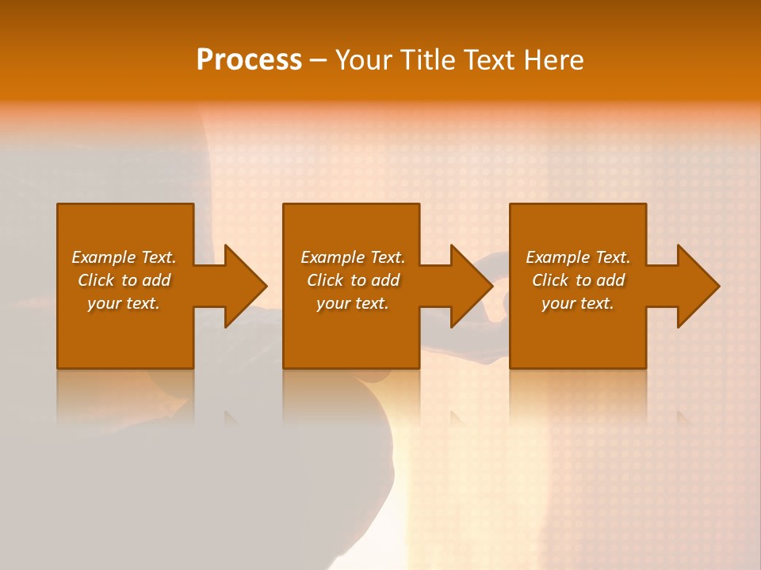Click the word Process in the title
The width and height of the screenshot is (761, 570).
(249, 60)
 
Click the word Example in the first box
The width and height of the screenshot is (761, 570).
(103, 257)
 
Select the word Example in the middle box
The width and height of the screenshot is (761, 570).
(332, 257)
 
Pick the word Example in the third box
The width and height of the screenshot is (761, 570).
(557, 257)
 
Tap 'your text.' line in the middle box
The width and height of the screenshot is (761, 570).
(353, 303)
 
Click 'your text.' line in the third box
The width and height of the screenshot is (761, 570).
(578, 303)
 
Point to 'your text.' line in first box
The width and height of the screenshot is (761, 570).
(124, 303)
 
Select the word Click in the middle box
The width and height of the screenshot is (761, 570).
(325, 280)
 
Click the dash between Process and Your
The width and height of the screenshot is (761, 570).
(319, 60)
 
